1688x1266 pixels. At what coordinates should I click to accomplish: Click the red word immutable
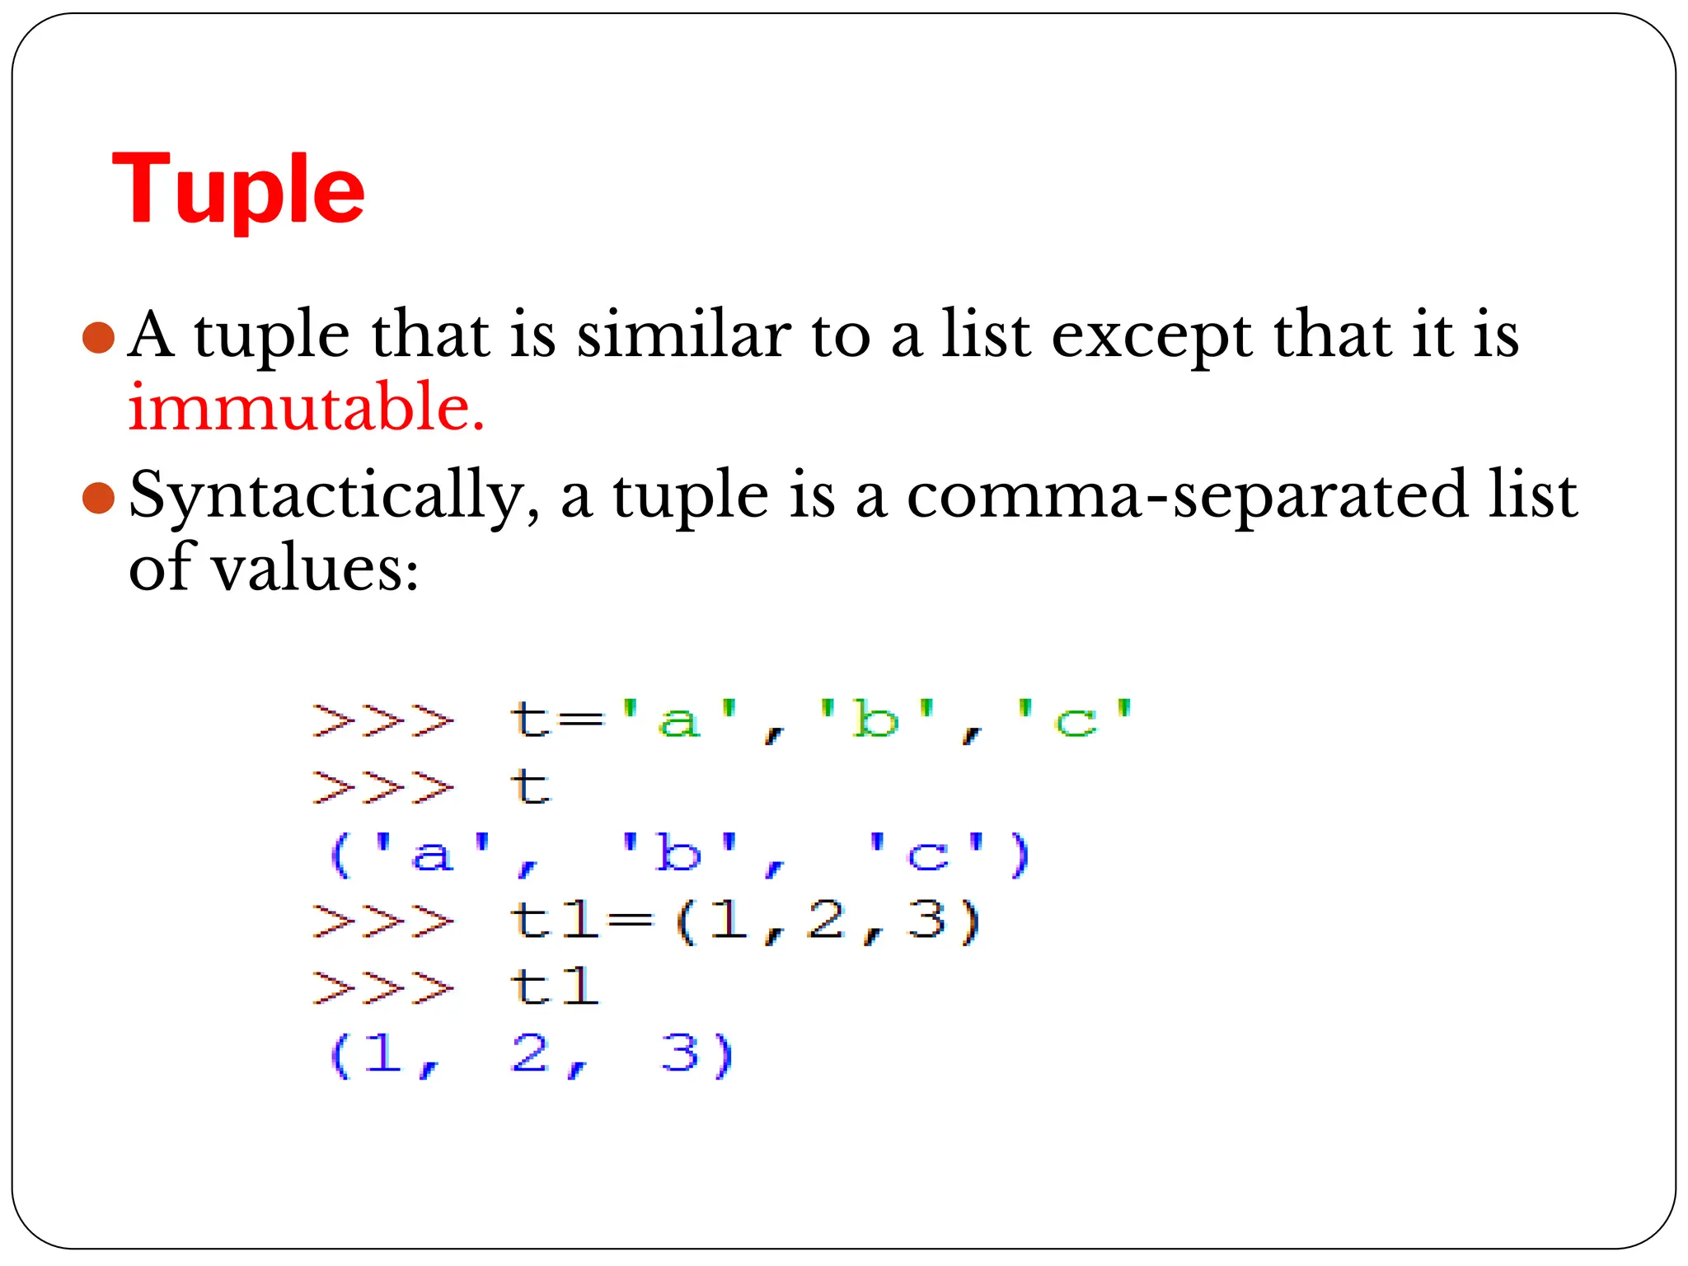coord(306,407)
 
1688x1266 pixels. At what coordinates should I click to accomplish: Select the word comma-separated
coord(1187,496)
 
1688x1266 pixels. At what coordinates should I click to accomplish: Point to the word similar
coord(683,335)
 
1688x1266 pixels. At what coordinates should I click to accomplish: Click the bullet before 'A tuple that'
coord(98,337)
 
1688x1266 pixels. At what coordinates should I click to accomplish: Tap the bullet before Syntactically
coord(98,497)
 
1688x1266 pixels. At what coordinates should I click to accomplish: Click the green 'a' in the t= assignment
coord(678,721)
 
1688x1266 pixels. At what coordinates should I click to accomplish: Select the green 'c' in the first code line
coord(1076,721)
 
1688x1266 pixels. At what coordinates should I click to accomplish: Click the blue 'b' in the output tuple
coord(679,854)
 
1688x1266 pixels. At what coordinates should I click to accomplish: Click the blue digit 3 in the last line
coord(681,1053)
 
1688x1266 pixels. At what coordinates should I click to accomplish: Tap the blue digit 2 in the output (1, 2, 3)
coord(530,1053)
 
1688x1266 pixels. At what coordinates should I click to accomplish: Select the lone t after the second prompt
coord(529,787)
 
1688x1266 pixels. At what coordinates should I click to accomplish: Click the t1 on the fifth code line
coord(554,987)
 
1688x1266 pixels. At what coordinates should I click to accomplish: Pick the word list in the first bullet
coord(986,335)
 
